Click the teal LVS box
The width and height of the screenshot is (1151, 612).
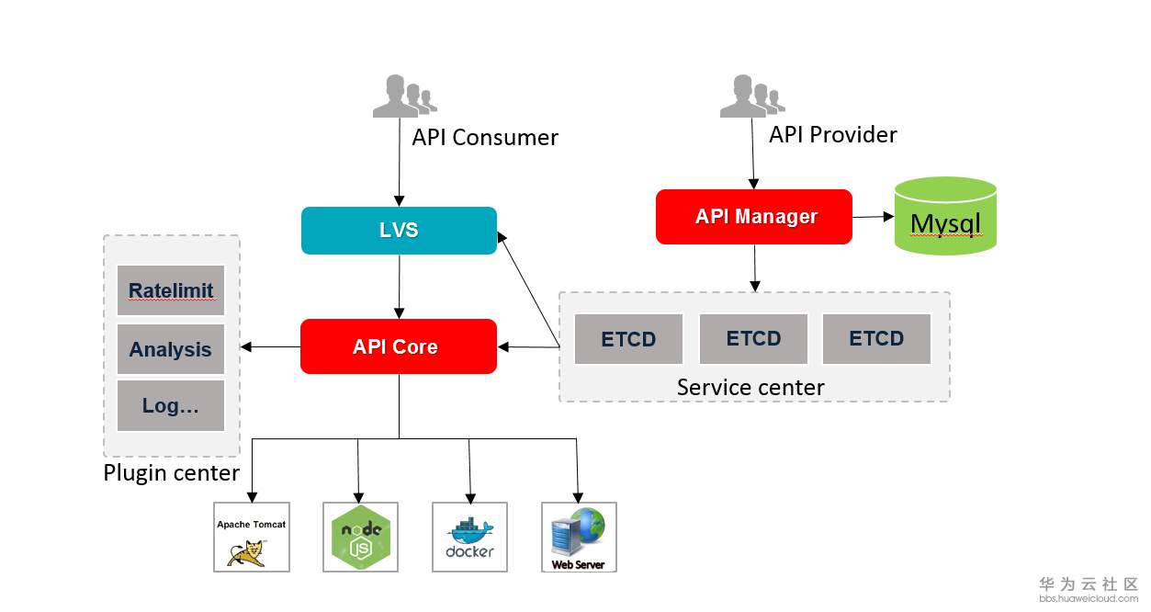(399, 230)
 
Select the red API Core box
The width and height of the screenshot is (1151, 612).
(398, 346)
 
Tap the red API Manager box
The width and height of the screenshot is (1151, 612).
(753, 217)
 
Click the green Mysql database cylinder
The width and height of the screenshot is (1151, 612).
(945, 217)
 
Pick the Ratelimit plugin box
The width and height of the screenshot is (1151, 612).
(171, 291)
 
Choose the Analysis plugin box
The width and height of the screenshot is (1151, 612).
(171, 349)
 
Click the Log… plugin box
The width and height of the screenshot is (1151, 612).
(171, 405)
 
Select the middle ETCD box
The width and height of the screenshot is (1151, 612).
(753, 339)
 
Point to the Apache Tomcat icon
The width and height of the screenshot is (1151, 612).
(251, 538)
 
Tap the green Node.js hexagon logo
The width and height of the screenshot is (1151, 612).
(360, 538)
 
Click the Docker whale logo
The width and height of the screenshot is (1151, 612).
(469, 538)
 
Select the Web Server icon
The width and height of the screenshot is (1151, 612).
(579, 538)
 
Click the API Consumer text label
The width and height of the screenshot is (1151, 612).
(484, 138)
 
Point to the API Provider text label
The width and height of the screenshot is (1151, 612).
(832, 135)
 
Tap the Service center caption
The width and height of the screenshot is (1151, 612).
(750, 387)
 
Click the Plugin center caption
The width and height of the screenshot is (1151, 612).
(171, 473)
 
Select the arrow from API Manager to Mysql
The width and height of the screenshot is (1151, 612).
(873, 218)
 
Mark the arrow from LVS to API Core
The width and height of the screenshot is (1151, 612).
(399, 286)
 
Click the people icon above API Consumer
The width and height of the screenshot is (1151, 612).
(404, 96)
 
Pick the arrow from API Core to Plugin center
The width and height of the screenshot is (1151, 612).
(271, 346)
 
